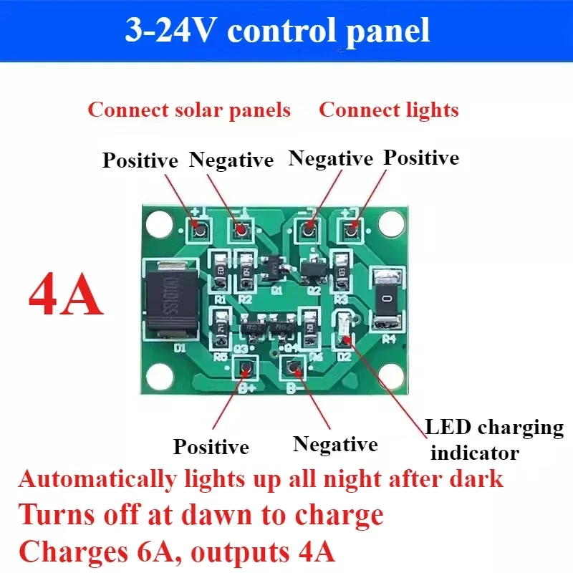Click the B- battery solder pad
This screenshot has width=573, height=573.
tap(292, 368)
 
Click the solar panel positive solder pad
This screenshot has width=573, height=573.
tap(198, 229)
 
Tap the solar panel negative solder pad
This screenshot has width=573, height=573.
tap(241, 230)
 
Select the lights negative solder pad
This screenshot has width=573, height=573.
tap(309, 229)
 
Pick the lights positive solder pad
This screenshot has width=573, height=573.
tap(351, 229)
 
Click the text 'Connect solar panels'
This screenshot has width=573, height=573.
tap(189, 110)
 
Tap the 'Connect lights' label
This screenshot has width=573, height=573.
tap(388, 110)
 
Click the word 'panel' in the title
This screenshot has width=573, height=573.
tap(396, 32)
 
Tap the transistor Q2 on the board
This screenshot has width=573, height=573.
tap(312, 269)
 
